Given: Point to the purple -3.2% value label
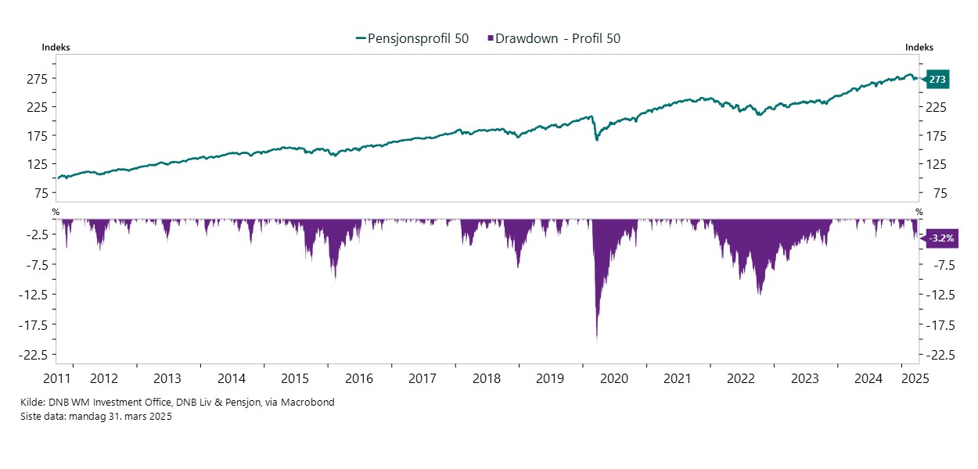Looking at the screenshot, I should tap(941, 239).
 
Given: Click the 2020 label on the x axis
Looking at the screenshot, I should tap(613, 379).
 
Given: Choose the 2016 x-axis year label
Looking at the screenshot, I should tap(358, 379).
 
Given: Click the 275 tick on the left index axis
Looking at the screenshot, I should tap(38, 79).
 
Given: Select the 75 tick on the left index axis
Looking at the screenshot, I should tap(41, 194).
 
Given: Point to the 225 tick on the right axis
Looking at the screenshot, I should tap(937, 107).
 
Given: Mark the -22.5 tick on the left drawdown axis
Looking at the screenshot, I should tap(34, 355).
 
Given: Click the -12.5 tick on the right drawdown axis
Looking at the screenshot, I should tap(940, 295).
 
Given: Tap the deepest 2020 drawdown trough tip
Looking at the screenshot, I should tap(597, 341).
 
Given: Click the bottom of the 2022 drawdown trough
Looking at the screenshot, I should tap(759, 294).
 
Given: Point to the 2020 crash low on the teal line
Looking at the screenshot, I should tap(597, 140).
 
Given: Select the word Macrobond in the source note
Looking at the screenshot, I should tap(311, 403).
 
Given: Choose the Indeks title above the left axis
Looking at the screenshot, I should tap(56, 48).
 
